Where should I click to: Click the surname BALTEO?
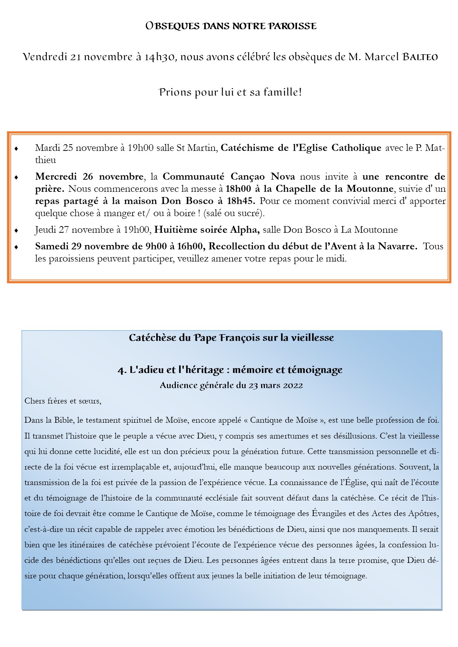[420, 57]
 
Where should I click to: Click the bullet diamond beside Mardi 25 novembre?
[16, 149]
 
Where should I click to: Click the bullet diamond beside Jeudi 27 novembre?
[16, 231]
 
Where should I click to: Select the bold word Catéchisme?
[246, 148]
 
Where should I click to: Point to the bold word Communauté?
[194, 177]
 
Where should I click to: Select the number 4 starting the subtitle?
[121, 370]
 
